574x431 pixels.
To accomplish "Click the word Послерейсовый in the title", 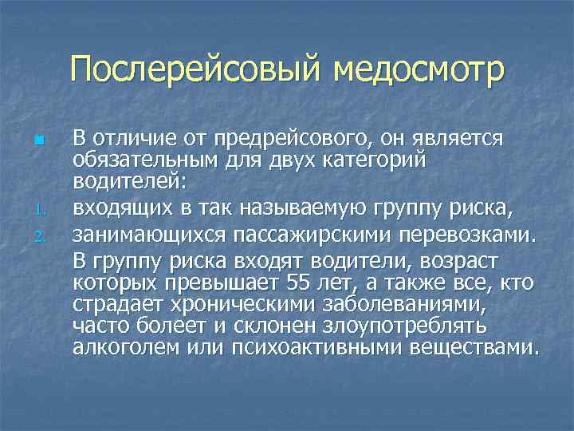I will pyautogui.click(x=195, y=69).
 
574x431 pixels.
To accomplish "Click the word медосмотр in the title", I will pyautogui.click(x=418, y=69).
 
